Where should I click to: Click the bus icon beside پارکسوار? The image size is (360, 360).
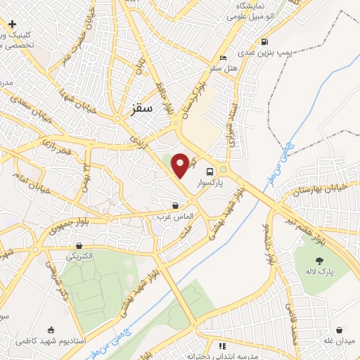(x=210, y=171)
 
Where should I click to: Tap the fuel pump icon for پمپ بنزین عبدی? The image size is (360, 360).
(x=264, y=41)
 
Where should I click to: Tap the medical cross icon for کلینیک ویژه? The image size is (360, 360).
(x=13, y=25)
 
